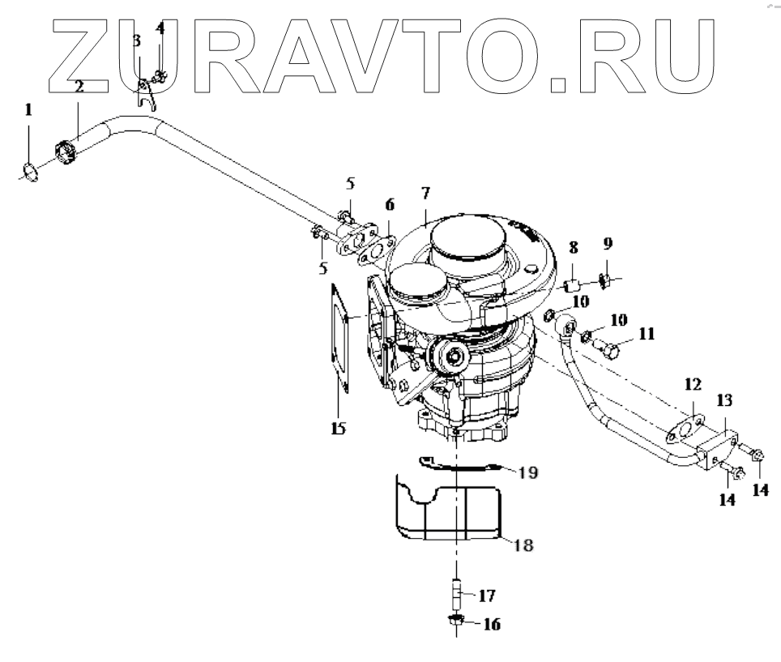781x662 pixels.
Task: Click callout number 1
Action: (28, 110)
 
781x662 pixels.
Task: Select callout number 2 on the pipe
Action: (79, 87)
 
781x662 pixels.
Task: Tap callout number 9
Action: (607, 243)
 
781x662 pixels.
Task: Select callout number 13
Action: (724, 399)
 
